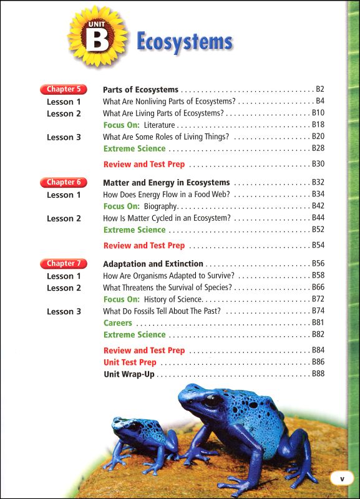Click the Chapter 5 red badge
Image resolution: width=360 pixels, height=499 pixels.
63,89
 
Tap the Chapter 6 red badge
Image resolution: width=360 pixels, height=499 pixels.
63,182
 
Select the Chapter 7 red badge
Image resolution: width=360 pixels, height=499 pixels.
63,263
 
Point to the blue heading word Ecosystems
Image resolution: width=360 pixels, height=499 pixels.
184,42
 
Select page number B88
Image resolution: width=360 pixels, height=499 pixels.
318,374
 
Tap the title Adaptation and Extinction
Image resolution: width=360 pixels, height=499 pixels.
153,264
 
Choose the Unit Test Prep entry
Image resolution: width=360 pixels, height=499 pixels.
130,362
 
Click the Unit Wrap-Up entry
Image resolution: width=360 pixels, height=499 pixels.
129,374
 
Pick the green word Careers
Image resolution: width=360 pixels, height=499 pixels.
117,323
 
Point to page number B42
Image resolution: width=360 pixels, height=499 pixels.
318,206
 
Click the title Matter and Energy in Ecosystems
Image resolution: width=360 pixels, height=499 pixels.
166,183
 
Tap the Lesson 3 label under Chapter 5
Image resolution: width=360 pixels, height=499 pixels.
64,137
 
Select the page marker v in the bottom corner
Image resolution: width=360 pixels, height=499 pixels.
341,479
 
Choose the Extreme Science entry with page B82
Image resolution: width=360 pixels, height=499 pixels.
134,335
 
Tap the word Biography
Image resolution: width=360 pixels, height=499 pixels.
160,206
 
